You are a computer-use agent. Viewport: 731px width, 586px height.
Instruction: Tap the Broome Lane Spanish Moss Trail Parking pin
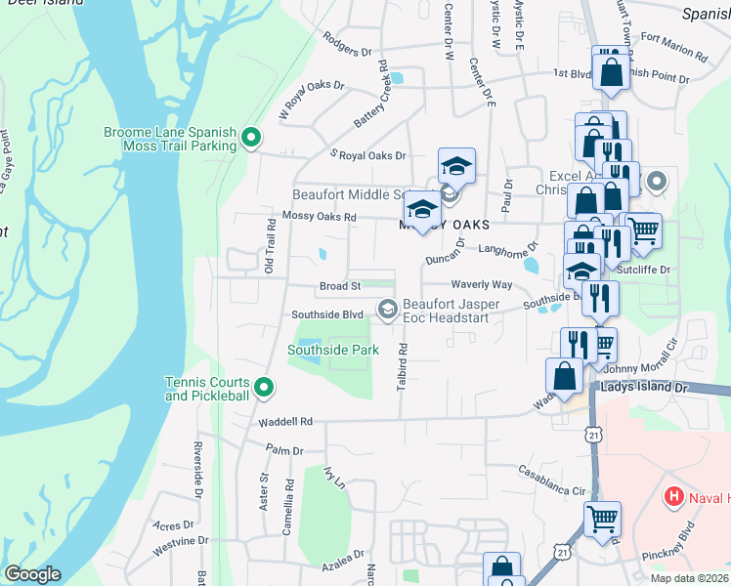tap(250, 139)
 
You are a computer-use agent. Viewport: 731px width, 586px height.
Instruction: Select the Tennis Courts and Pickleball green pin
tap(263, 389)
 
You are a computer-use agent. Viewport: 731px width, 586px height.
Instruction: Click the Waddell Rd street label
tap(285, 423)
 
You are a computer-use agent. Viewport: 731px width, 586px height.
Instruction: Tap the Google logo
tap(32, 574)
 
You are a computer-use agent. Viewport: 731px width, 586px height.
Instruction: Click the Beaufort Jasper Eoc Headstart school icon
tap(387, 310)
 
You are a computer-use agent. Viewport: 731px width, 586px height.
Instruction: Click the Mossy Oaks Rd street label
tap(320, 216)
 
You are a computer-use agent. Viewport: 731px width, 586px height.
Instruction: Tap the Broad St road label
tap(340, 286)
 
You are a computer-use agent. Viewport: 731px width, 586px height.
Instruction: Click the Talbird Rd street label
tap(402, 367)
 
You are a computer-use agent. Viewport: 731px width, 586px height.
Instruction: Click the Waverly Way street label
tap(481, 284)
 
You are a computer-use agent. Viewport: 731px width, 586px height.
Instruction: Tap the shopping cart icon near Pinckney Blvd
tap(602, 519)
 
